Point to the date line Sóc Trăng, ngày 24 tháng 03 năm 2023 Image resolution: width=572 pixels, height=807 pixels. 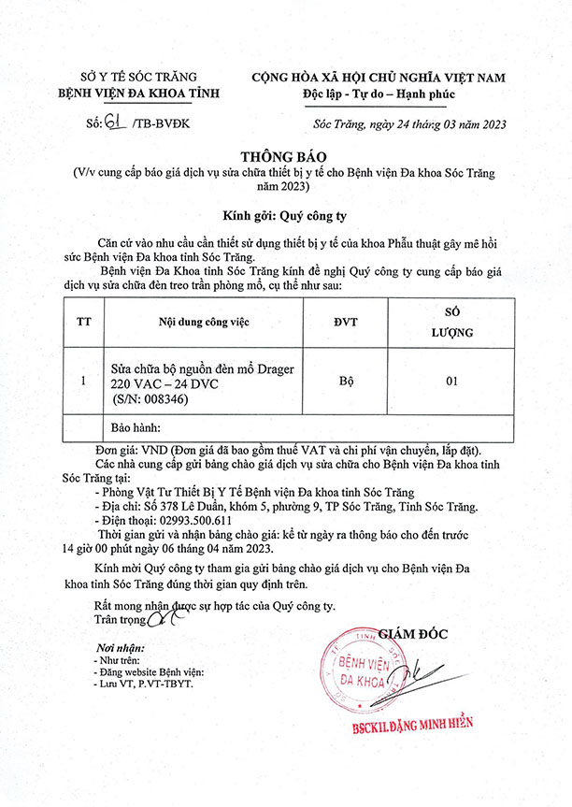[404, 123]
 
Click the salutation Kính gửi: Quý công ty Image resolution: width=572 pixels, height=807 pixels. [285, 214]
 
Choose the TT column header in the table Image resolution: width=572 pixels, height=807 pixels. [83, 323]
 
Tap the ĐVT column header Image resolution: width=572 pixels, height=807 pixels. [345, 323]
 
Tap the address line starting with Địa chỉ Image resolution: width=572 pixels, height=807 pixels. [290, 507]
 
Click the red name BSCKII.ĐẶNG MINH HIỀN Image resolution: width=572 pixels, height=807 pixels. [412, 723]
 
